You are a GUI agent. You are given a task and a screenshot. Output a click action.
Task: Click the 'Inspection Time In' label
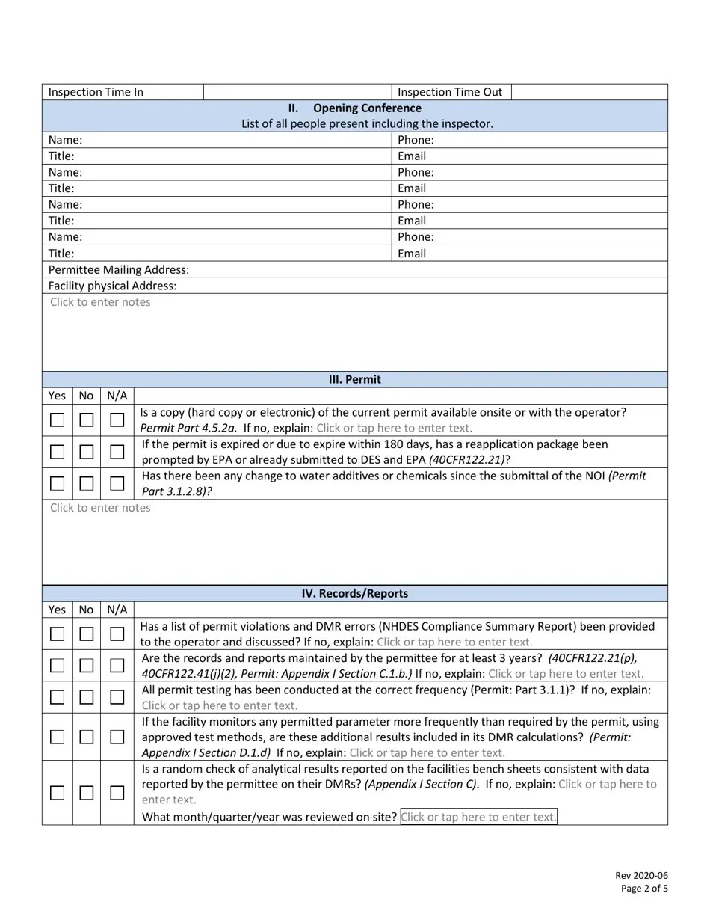pyautogui.click(x=96, y=92)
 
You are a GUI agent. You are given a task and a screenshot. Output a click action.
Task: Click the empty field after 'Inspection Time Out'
pyautogui.click(x=589, y=92)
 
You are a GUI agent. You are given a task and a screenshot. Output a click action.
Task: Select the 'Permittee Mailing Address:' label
pyautogui.click(x=119, y=269)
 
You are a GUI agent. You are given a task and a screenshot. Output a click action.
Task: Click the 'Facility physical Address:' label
pyautogui.click(x=112, y=286)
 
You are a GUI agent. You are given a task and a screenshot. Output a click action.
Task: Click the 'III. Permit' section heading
pyautogui.click(x=355, y=379)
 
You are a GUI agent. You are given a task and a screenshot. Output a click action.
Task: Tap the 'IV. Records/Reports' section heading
pyautogui.click(x=355, y=593)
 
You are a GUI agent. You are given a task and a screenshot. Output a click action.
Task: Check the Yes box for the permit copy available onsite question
pyautogui.click(x=57, y=420)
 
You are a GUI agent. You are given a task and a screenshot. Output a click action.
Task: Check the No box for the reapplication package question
pyautogui.click(x=87, y=452)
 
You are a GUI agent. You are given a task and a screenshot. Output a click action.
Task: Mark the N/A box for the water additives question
pyautogui.click(x=117, y=483)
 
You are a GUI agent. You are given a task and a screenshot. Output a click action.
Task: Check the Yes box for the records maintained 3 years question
pyautogui.click(x=57, y=665)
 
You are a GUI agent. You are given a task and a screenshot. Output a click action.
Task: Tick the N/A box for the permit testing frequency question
pyautogui.click(x=117, y=697)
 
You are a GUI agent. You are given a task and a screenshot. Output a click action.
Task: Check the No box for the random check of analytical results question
pyautogui.click(x=87, y=793)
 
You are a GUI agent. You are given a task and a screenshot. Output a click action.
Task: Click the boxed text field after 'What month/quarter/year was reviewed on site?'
pyautogui.click(x=478, y=817)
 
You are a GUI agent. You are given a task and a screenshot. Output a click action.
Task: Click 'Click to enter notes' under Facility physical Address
pyautogui.click(x=100, y=302)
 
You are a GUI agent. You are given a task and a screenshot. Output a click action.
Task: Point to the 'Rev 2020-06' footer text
pyautogui.click(x=641, y=876)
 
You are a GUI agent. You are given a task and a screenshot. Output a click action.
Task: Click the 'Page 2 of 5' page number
pyautogui.click(x=644, y=889)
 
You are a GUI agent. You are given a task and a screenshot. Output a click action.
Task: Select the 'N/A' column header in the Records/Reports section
pyautogui.click(x=117, y=610)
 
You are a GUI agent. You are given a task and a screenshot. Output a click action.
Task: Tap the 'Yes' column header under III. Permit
pyautogui.click(x=57, y=396)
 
